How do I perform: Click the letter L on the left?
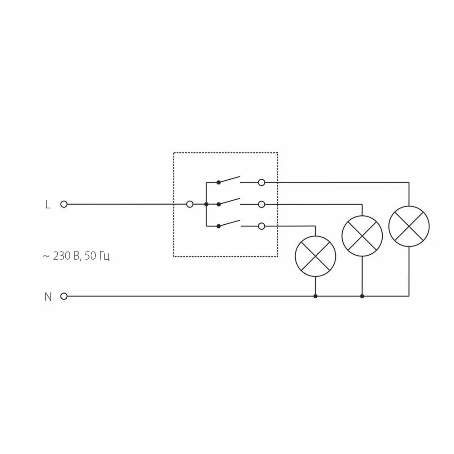click(x=48, y=205)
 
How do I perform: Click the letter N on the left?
click(x=48, y=297)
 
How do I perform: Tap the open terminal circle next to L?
click(x=64, y=204)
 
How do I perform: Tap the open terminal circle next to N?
click(x=64, y=296)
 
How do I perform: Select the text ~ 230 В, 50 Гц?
click(x=76, y=257)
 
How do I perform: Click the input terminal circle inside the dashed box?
click(x=190, y=204)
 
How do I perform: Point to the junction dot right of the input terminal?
click(x=206, y=204)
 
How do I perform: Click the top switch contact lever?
click(x=229, y=179)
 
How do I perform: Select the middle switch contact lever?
click(x=229, y=201)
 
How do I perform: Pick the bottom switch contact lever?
click(x=229, y=223)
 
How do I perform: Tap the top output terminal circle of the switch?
click(x=261, y=183)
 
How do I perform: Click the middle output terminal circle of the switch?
click(x=261, y=204)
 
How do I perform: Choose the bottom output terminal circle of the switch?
click(x=261, y=226)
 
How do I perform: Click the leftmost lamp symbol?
click(x=316, y=256)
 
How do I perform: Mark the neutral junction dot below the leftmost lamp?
click(x=316, y=296)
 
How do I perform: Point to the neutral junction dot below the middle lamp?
click(x=362, y=296)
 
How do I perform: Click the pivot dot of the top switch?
click(x=218, y=183)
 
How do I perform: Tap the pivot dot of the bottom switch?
click(x=218, y=226)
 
